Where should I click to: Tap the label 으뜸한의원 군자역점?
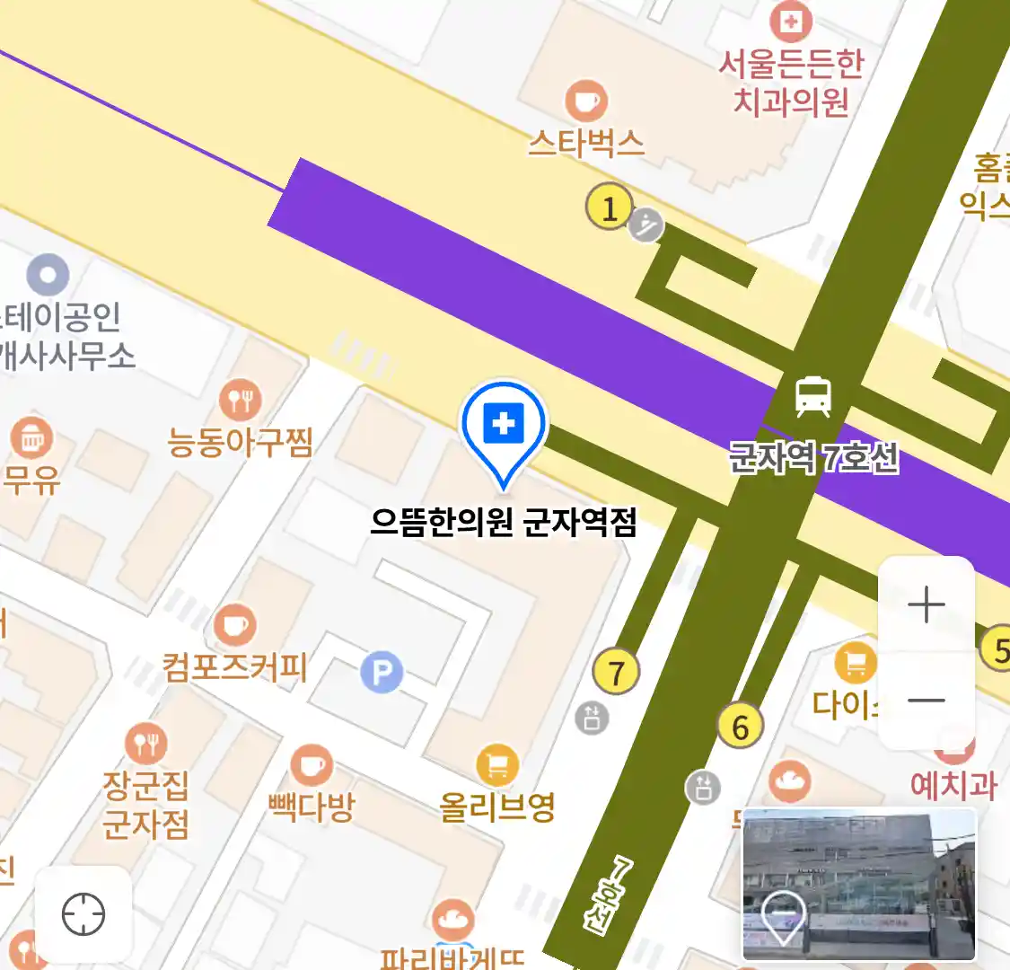[x=504, y=522]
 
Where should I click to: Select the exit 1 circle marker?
[x=610, y=208]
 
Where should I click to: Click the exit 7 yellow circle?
[x=616, y=672]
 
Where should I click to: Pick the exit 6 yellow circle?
[x=741, y=727]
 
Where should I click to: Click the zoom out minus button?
[x=926, y=701]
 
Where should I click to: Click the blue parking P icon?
[x=382, y=672]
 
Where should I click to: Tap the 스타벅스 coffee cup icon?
[x=586, y=101]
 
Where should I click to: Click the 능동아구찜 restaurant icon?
[x=240, y=400]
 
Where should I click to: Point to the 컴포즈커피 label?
[x=235, y=667]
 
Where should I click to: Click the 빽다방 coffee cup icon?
[x=312, y=766]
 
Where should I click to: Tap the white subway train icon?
[x=812, y=397]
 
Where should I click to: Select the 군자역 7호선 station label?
[x=813, y=458]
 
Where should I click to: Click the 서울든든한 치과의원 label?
[x=790, y=82]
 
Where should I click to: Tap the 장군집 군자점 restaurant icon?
[x=145, y=744]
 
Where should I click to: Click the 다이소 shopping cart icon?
[x=856, y=665]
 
